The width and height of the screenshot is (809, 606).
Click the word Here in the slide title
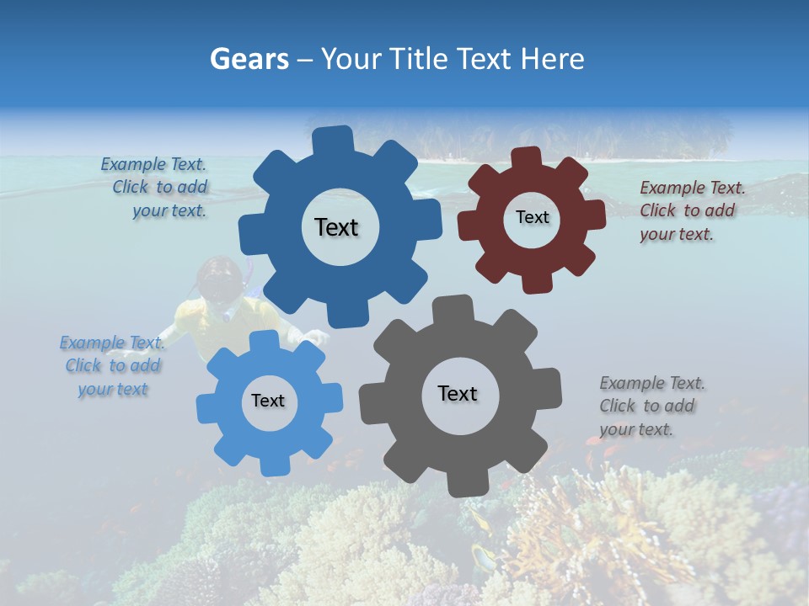(552, 59)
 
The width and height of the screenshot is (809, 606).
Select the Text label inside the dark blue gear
(336, 227)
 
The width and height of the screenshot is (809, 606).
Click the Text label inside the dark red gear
(532, 217)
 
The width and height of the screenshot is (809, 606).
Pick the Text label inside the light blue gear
(268, 401)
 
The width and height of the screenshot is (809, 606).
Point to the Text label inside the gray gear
(458, 393)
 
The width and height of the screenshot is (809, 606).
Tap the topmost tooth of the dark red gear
(527, 157)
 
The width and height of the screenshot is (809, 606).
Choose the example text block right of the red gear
(691, 210)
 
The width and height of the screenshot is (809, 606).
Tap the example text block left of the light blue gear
(111, 365)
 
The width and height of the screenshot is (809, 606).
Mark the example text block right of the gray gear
(651, 406)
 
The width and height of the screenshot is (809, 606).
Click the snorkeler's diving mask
(220, 288)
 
